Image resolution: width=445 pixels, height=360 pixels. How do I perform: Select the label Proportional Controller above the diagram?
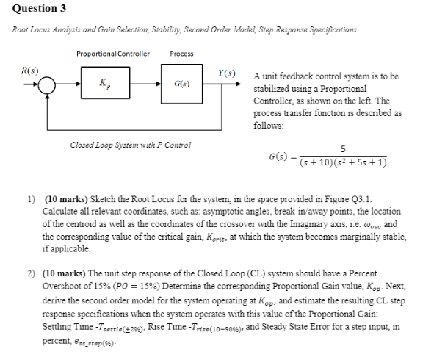pos(112,53)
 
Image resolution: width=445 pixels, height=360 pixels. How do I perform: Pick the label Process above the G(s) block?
pos(181,53)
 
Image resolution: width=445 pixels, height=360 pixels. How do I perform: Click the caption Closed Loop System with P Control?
pos(130,145)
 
